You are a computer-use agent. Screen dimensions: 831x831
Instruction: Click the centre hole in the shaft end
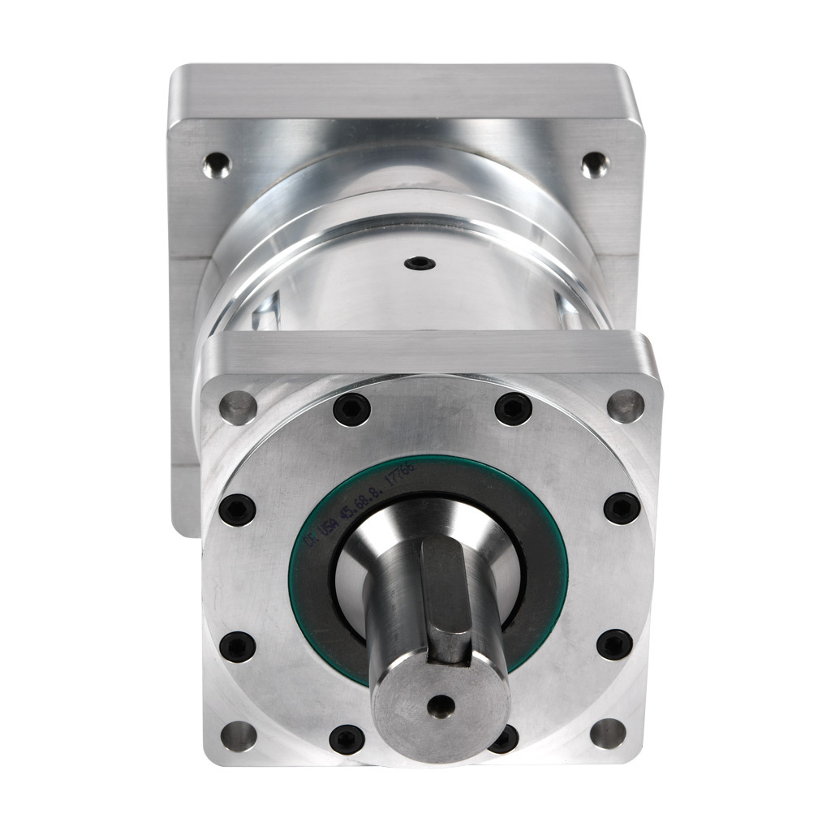click(x=441, y=707)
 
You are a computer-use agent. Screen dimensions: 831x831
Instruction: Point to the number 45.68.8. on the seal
click(x=369, y=493)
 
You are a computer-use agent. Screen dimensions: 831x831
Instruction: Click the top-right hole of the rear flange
click(x=595, y=165)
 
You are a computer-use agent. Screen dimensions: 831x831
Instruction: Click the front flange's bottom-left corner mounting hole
click(x=238, y=735)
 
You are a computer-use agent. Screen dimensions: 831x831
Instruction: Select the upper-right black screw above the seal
click(x=513, y=409)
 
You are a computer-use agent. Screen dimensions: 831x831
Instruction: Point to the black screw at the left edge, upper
click(x=238, y=510)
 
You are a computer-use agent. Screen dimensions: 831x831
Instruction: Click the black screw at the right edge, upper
click(x=622, y=509)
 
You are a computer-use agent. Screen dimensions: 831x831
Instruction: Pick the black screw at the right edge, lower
click(x=615, y=645)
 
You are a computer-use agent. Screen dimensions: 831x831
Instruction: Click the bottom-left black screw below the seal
click(x=347, y=738)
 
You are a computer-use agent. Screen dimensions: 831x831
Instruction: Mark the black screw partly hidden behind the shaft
click(x=505, y=738)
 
